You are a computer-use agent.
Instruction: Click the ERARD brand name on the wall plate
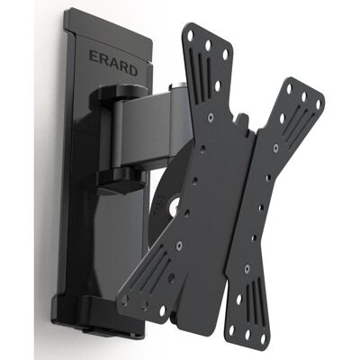113,63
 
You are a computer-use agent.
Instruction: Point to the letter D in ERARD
132,69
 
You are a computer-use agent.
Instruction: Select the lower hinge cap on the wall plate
121,179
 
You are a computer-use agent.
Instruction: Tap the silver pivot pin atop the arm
176,86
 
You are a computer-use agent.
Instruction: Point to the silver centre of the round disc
175,206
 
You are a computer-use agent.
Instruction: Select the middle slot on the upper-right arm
296,124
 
